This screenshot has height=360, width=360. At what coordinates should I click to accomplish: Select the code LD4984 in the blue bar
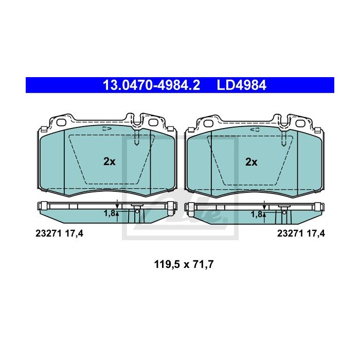coord(241,85)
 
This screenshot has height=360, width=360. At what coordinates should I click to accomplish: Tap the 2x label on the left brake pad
coord(109,161)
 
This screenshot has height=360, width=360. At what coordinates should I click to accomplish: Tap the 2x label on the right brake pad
coord(251,161)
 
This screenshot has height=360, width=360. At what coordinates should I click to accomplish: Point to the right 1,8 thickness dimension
coord(256,212)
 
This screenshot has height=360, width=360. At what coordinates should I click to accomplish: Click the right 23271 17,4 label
coord(301,233)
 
